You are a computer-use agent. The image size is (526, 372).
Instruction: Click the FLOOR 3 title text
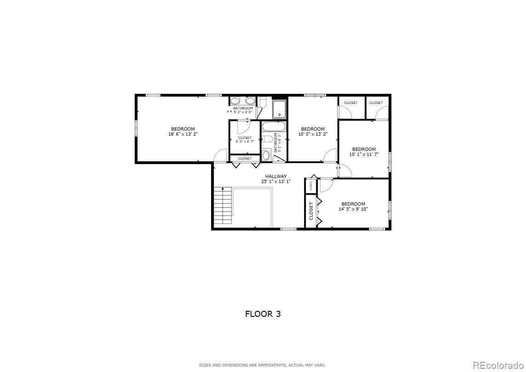click(263, 314)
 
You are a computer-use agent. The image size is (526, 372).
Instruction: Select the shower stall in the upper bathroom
click(279, 109)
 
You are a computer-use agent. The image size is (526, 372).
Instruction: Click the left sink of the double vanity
click(235, 101)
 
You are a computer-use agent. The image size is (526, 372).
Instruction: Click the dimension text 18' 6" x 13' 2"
click(183, 134)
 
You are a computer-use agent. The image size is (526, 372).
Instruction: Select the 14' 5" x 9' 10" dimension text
click(353, 209)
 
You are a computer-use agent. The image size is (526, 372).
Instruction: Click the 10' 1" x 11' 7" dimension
click(364, 155)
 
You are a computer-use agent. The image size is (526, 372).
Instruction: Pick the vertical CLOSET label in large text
click(311, 211)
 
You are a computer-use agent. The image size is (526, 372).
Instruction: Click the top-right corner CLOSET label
click(376, 103)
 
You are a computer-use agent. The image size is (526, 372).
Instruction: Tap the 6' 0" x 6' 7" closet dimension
click(245, 142)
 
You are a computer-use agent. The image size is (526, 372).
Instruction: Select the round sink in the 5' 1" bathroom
click(266, 155)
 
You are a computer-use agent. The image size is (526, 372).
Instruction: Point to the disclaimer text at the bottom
click(262, 365)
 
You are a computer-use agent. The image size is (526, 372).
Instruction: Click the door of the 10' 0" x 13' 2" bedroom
click(330, 156)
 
